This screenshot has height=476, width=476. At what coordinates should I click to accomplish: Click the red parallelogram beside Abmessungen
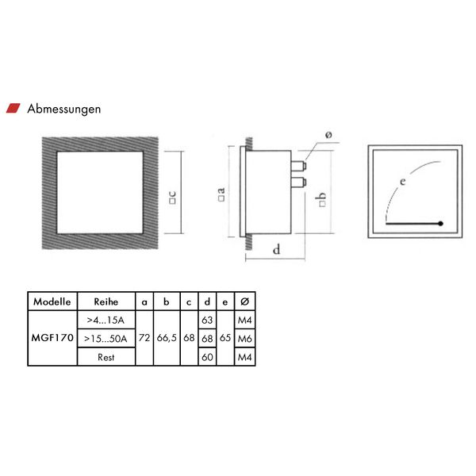(x=13, y=108)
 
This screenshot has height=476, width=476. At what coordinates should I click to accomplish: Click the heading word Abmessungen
(x=64, y=109)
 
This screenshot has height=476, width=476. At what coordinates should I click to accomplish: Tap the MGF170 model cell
(x=52, y=338)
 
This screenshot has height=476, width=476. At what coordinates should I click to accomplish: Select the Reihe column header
(x=106, y=301)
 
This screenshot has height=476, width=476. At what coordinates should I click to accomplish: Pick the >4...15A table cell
(x=106, y=320)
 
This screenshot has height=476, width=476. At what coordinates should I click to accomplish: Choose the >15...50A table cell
(x=106, y=339)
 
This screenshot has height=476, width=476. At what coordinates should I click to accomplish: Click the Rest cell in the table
(x=106, y=357)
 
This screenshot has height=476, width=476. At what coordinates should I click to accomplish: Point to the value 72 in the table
(x=144, y=338)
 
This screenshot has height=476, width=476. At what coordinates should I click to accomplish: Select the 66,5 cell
(x=167, y=338)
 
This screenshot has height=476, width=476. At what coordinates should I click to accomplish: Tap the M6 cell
(x=244, y=339)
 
